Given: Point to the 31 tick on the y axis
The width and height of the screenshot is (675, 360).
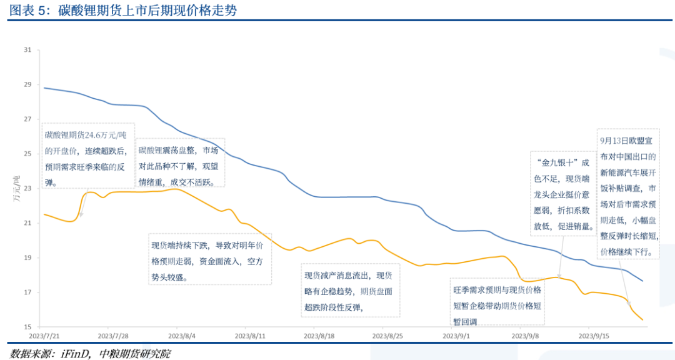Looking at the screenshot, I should coord(27,49).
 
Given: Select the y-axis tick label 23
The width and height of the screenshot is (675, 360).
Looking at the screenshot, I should coord(27,188).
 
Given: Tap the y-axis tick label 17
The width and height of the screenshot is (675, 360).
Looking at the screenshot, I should coord(27,292).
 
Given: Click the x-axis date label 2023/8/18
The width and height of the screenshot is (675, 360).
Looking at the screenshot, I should coord(317,335).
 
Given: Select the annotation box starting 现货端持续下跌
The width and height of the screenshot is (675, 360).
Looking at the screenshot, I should coord(210,260).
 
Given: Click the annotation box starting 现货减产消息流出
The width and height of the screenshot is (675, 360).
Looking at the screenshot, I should coord(351,291).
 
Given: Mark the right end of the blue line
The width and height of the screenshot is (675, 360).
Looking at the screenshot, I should coord(642,281).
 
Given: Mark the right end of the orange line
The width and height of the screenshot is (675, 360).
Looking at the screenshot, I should coord(642,320).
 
